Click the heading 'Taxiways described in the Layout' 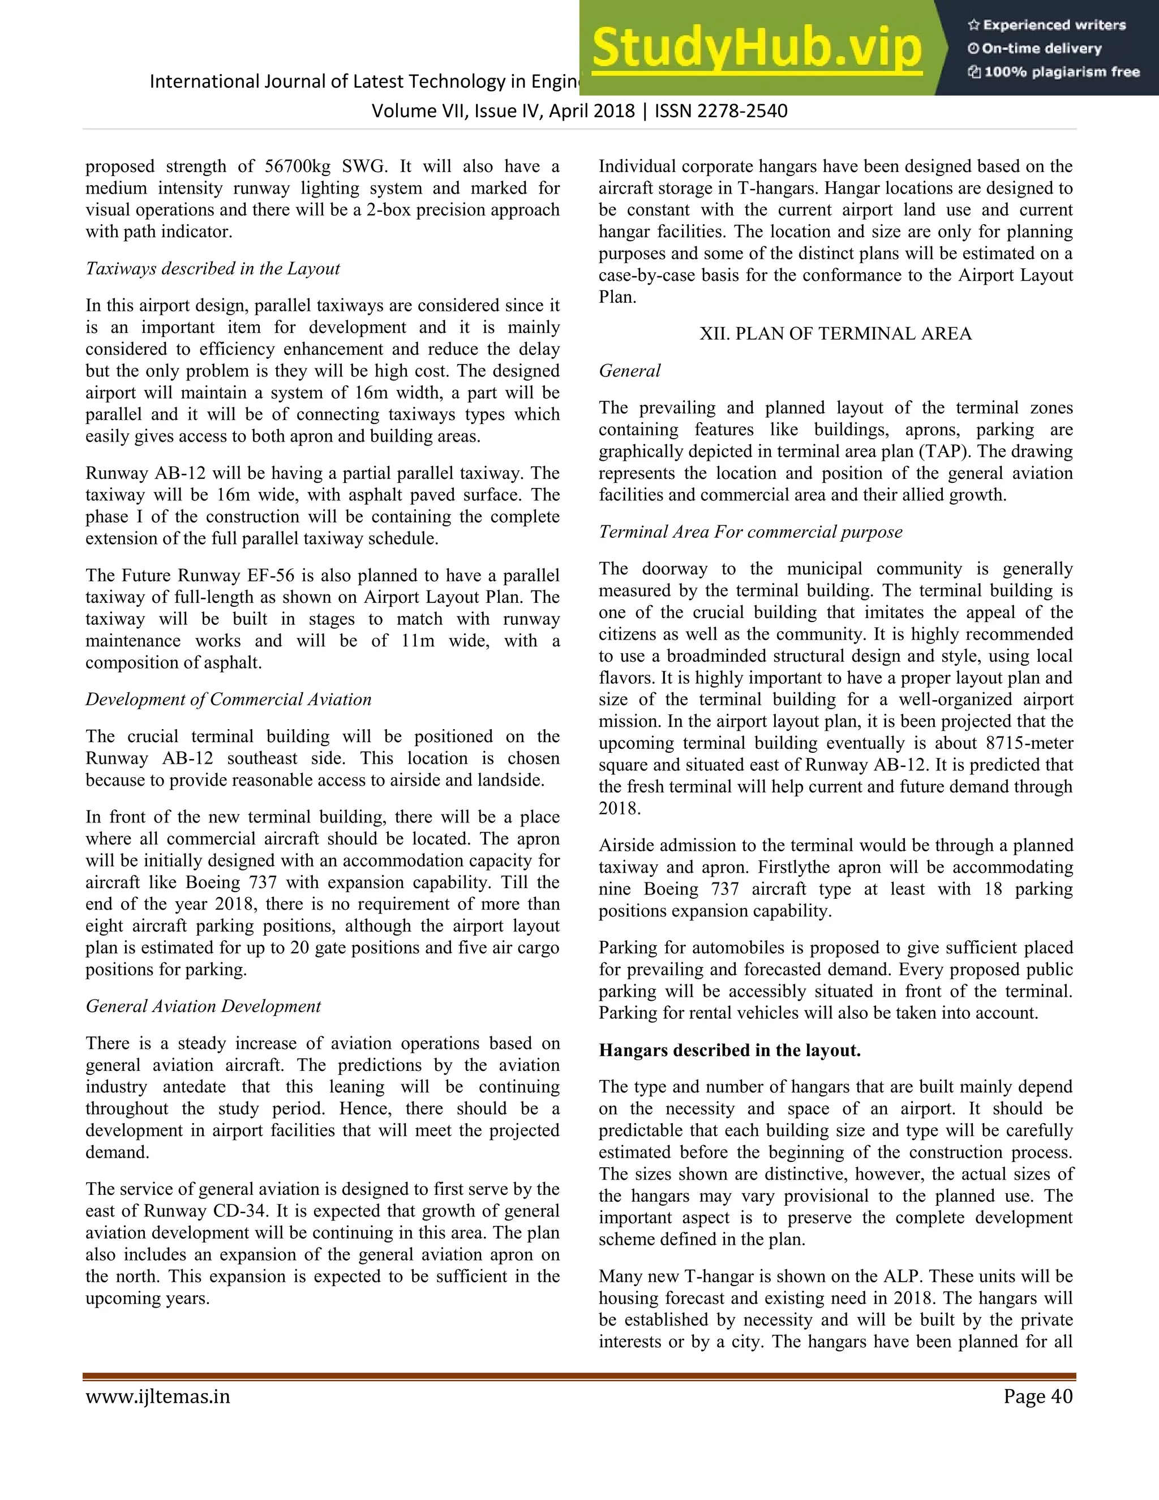click(213, 268)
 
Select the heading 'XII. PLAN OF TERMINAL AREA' click(835, 334)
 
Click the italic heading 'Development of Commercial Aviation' click(228, 699)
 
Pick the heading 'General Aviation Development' click(203, 1006)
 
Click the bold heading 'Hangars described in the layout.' click(729, 1050)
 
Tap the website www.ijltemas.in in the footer click(157, 1396)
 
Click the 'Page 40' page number click(1037, 1396)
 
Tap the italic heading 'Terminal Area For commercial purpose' click(750, 532)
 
